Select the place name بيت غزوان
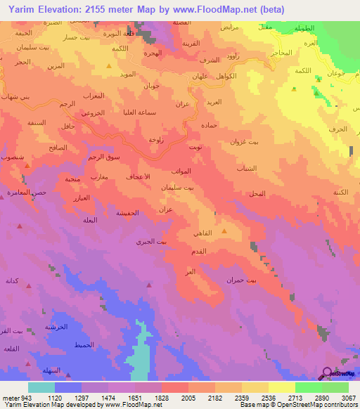coord(264,142)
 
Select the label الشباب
coord(252,168)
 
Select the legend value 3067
coord(348,397)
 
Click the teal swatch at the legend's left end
coord(41,387)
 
